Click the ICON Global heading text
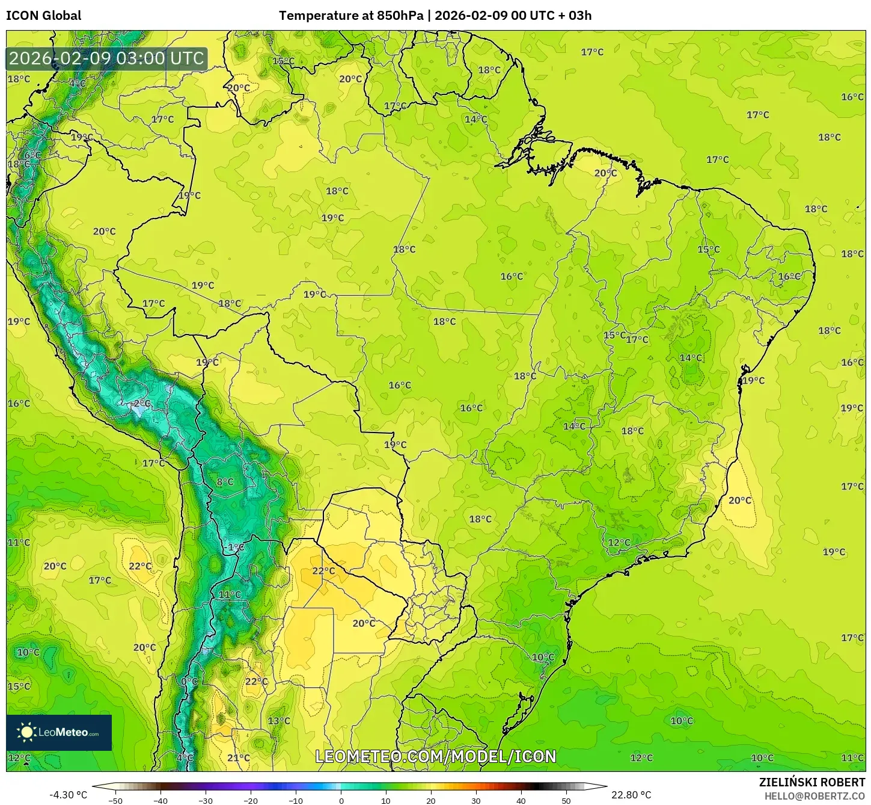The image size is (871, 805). (x=44, y=16)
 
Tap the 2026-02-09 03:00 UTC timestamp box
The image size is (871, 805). (x=107, y=58)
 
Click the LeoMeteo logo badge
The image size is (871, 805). (x=59, y=732)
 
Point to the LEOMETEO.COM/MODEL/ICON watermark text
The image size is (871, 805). (x=436, y=756)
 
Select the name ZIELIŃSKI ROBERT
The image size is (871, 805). (x=812, y=782)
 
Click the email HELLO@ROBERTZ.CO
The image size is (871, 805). (x=814, y=796)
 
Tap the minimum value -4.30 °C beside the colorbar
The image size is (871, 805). (x=68, y=795)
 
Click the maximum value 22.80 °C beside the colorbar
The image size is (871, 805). (x=631, y=795)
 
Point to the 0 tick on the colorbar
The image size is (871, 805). (x=341, y=800)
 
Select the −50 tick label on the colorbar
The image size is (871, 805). (x=115, y=800)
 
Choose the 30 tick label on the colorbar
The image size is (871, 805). (x=476, y=800)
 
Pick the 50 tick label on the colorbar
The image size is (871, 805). (x=566, y=800)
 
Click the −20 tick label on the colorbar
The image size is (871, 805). (x=250, y=800)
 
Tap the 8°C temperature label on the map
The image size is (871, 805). (x=225, y=482)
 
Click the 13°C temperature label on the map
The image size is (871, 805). (x=279, y=721)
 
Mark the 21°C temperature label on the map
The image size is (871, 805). (x=239, y=758)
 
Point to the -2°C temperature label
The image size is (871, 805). (x=141, y=403)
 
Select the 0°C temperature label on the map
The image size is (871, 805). (x=189, y=681)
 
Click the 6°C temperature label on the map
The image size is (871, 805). (x=32, y=155)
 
